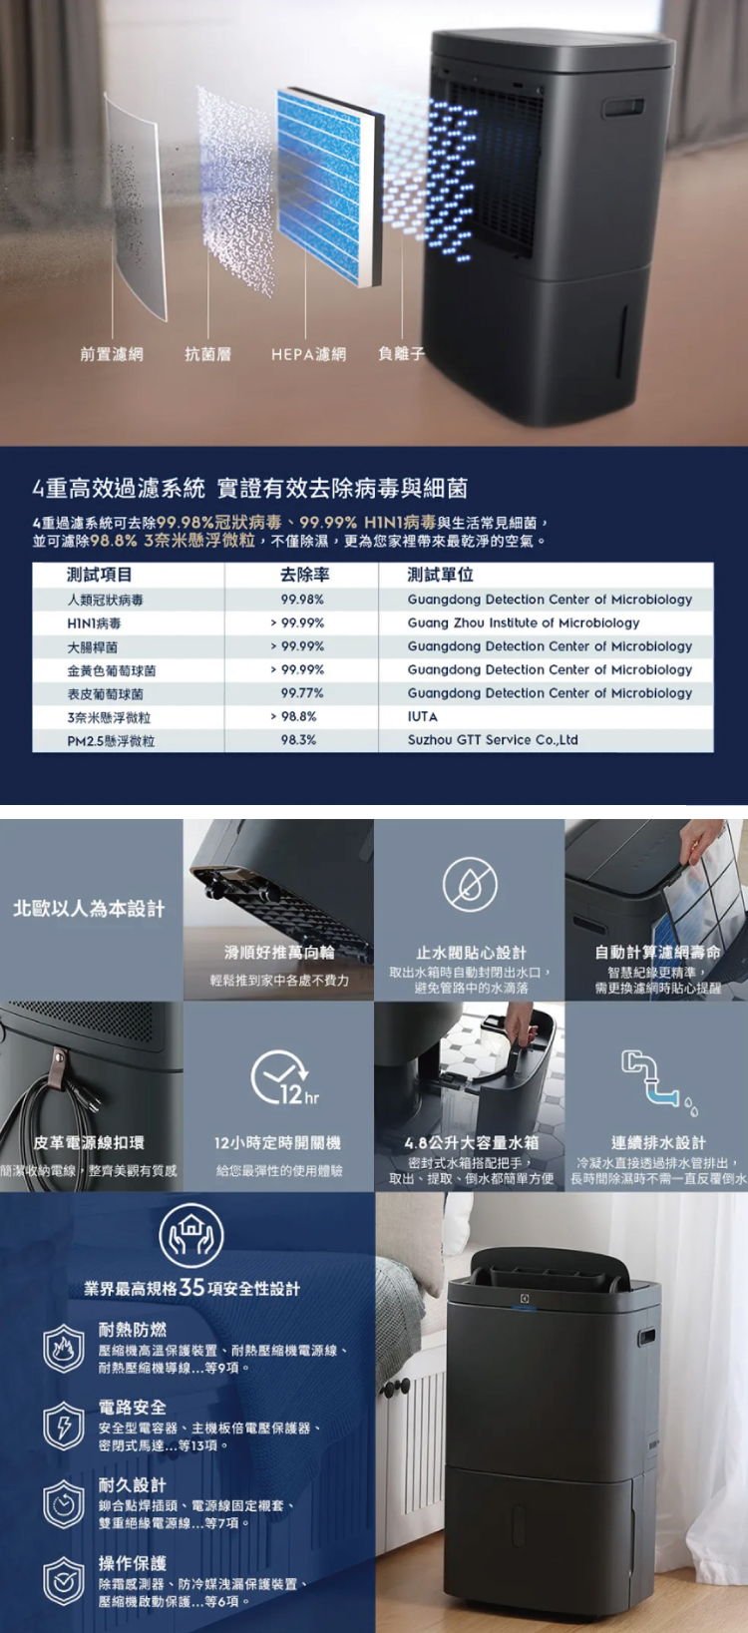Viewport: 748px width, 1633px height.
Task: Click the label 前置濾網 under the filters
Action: tap(112, 354)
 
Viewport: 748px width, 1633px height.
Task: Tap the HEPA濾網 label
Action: tap(308, 354)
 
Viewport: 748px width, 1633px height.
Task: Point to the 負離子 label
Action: tap(402, 354)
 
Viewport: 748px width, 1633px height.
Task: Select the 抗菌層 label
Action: tap(207, 354)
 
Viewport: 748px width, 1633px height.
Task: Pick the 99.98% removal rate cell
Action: tap(302, 600)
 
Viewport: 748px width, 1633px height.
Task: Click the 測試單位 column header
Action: tap(440, 575)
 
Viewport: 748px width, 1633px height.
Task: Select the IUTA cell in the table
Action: tap(423, 716)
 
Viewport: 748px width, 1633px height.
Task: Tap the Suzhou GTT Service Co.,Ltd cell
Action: tap(493, 740)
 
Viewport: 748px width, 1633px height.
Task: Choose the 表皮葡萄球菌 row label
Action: tap(105, 693)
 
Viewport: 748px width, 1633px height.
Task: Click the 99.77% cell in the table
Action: tap(302, 693)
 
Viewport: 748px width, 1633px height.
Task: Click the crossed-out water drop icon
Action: tap(470, 885)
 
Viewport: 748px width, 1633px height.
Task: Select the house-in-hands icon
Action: tap(190, 1236)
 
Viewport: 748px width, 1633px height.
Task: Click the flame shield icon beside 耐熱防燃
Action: tap(63, 1348)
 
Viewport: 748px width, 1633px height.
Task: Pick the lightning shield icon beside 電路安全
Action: tap(63, 1426)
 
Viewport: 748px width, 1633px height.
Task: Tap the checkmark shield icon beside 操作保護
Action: tap(63, 1581)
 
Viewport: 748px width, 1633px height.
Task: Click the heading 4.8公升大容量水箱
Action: tap(471, 1143)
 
